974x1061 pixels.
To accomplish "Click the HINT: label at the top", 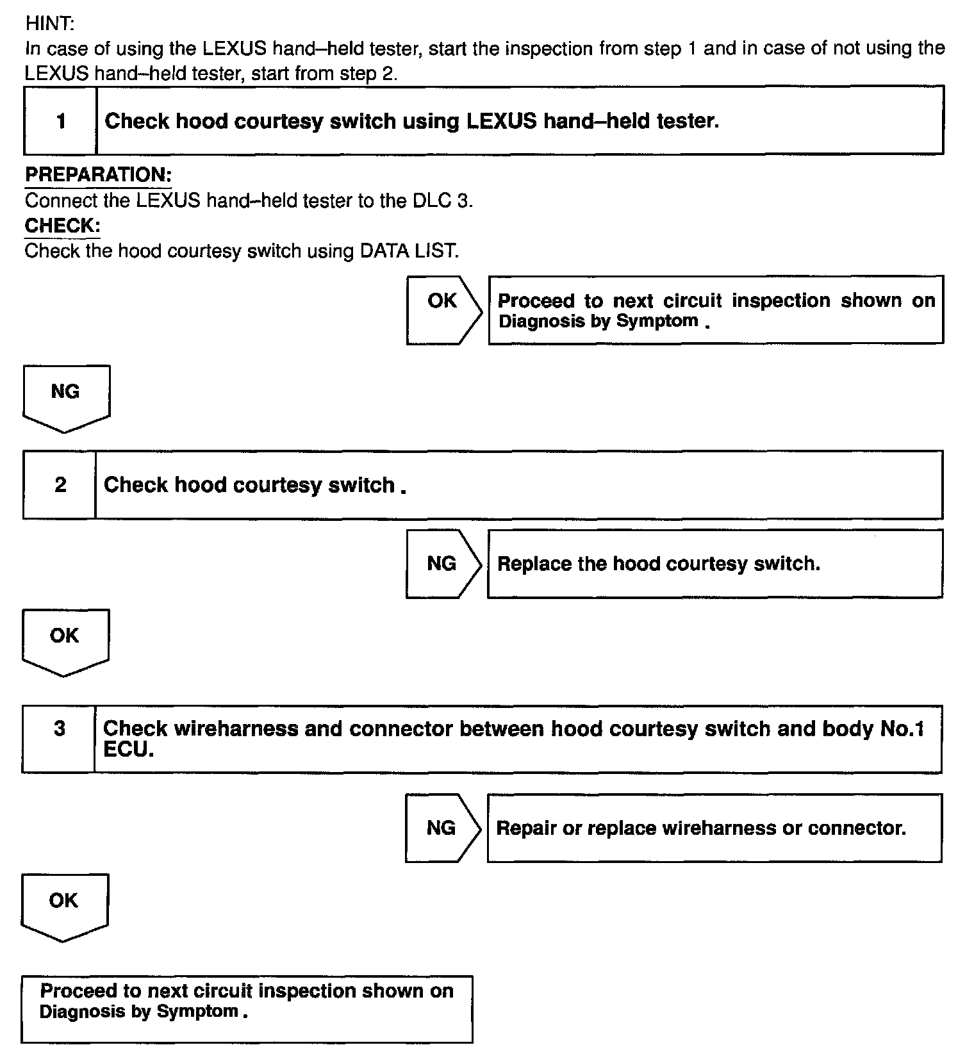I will click(x=50, y=24).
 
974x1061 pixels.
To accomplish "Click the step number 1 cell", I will click(x=61, y=120).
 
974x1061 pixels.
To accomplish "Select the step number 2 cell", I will click(x=60, y=484).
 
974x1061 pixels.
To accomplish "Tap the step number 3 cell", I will click(x=60, y=728).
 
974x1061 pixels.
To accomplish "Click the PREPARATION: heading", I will click(x=98, y=174).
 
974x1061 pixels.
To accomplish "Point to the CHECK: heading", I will click(x=62, y=226).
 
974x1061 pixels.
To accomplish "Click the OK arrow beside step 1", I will click(x=443, y=311).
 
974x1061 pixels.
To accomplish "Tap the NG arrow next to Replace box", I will click(x=442, y=564).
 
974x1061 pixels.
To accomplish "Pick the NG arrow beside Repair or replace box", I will click(x=442, y=828).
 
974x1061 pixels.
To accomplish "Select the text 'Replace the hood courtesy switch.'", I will click(x=658, y=564).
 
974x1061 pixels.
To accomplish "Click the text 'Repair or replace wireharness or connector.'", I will click(x=701, y=828).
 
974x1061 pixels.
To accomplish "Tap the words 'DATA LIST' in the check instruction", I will click(x=409, y=251).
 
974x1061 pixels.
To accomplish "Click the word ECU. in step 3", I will click(x=129, y=750).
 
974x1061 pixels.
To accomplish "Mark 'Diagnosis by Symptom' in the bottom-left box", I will click(x=139, y=1012).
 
